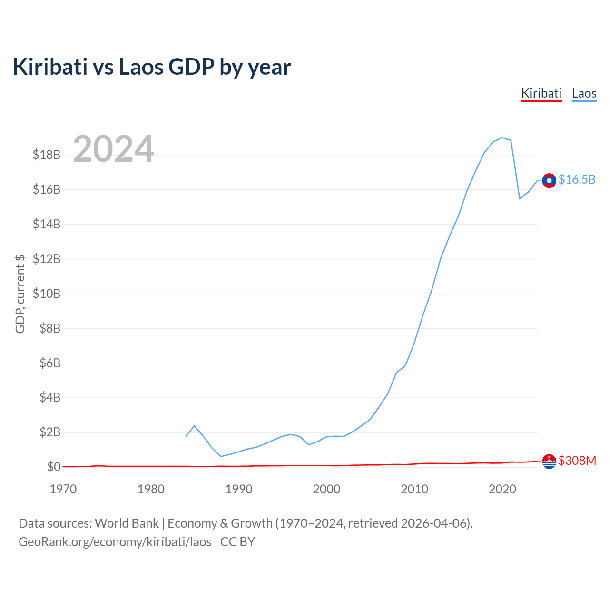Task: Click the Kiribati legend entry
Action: tap(541, 94)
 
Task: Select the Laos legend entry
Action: tap(584, 94)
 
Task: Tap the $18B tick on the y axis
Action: tap(47, 155)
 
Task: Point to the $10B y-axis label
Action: tap(47, 294)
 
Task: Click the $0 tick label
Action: tap(54, 466)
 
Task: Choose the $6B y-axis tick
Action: tap(50, 363)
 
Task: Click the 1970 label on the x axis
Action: tap(63, 489)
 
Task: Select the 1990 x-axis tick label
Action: tap(239, 489)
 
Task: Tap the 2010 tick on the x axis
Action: tap(414, 489)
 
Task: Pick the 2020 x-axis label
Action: tap(502, 489)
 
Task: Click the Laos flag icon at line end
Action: tap(549, 180)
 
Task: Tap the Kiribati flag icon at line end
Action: tap(549, 462)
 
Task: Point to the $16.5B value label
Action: tap(577, 179)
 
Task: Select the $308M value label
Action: tap(577, 461)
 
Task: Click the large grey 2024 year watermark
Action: tap(113, 148)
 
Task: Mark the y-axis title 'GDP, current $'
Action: tap(20, 294)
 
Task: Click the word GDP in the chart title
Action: tap(191, 67)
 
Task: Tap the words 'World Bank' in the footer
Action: tap(127, 524)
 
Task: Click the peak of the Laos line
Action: tap(502, 138)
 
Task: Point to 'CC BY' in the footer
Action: tap(238, 542)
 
